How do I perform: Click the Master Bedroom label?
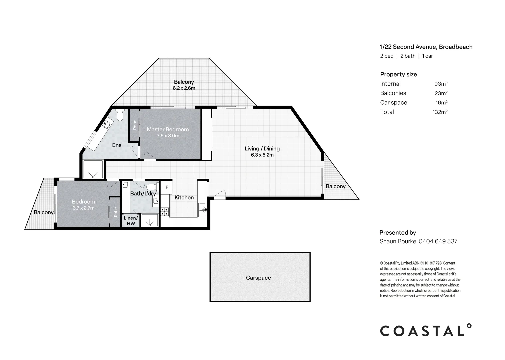click(x=168, y=129)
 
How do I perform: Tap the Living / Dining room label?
click(x=262, y=149)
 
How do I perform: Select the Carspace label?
click(x=258, y=278)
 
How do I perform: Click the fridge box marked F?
click(x=167, y=187)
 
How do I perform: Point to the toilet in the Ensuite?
click(x=120, y=115)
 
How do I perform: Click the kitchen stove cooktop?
click(x=165, y=211)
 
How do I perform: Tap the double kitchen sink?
click(x=202, y=209)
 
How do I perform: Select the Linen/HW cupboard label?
click(x=131, y=221)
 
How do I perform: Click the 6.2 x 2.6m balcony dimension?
click(x=184, y=88)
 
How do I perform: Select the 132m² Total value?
click(x=440, y=112)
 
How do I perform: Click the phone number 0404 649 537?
click(x=438, y=241)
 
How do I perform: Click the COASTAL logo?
click(x=426, y=330)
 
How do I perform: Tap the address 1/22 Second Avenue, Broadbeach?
click(x=426, y=47)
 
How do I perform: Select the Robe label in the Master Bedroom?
click(x=135, y=125)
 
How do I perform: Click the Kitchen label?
click(x=184, y=198)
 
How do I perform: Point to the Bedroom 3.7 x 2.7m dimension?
click(x=83, y=208)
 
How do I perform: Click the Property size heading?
click(x=398, y=74)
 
